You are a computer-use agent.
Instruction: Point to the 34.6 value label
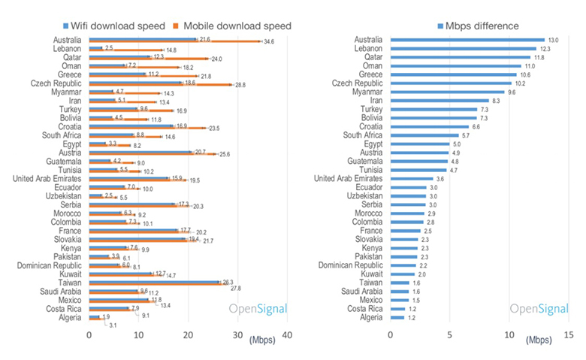pyautogui.click(x=269, y=42)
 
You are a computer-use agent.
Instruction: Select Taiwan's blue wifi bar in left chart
pyautogui.click(x=154, y=282)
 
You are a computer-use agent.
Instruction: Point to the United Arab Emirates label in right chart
pyautogui.click(x=348, y=178)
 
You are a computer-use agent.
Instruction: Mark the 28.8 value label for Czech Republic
pyautogui.click(x=240, y=86)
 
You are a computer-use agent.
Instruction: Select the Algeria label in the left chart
pyautogui.click(x=69, y=317)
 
